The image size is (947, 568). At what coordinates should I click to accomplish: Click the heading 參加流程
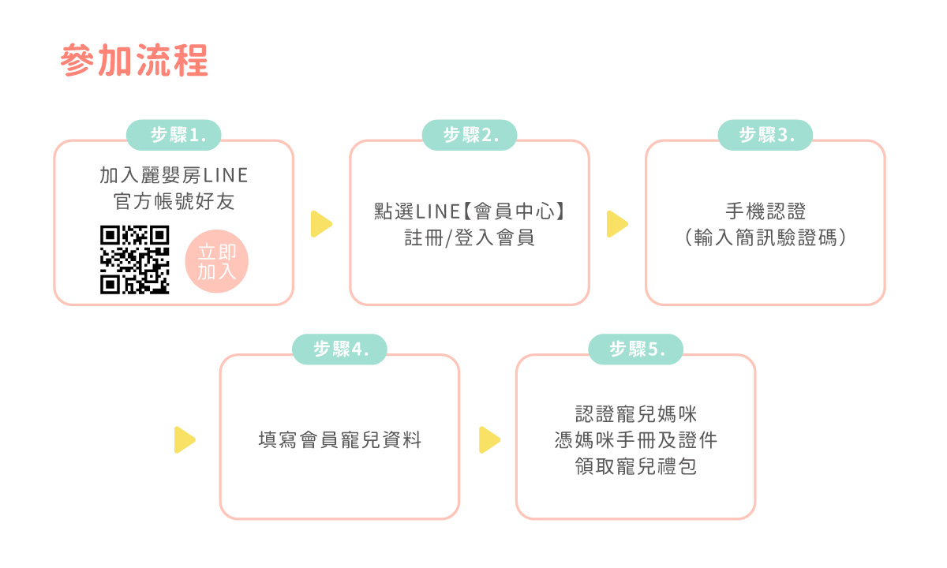click(x=134, y=61)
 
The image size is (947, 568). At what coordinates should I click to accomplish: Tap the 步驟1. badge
click(x=174, y=135)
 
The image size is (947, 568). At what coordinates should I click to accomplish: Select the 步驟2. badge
click(x=470, y=135)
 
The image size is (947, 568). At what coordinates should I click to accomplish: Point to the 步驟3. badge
click(x=765, y=135)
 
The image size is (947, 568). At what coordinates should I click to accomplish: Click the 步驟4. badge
click(x=340, y=349)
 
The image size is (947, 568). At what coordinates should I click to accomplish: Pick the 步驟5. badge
click(x=636, y=349)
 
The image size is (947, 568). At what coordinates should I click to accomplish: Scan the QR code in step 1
click(x=135, y=260)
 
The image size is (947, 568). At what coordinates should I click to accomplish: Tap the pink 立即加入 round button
click(x=217, y=262)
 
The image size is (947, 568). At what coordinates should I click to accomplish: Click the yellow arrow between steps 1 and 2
click(x=321, y=224)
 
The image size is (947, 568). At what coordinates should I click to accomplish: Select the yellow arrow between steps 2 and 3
click(x=617, y=224)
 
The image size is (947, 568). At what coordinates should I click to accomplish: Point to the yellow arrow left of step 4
click(x=184, y=439)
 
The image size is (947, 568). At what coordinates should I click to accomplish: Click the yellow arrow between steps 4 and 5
click(x=489, y=439)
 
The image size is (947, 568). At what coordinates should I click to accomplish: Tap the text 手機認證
click(x=765, y=211)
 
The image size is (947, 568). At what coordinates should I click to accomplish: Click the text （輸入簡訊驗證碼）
click(x=765, y=237)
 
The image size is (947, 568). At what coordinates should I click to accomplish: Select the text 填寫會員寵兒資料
click(x=340, y=439)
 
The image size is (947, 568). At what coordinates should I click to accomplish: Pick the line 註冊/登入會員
click(x=470, y=237)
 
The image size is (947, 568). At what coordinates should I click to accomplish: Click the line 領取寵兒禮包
click(x=636, y=466)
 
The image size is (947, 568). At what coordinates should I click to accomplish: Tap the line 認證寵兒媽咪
click(x=636, y=413)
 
